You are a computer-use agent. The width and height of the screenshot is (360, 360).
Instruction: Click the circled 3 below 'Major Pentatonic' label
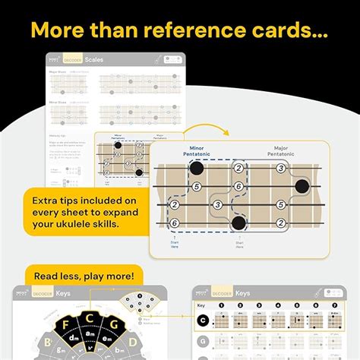pyautogui.click(x=280, y=169)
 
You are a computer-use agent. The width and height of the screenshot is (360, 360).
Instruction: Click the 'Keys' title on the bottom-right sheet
pyautogui.click(x=243, y=293)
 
